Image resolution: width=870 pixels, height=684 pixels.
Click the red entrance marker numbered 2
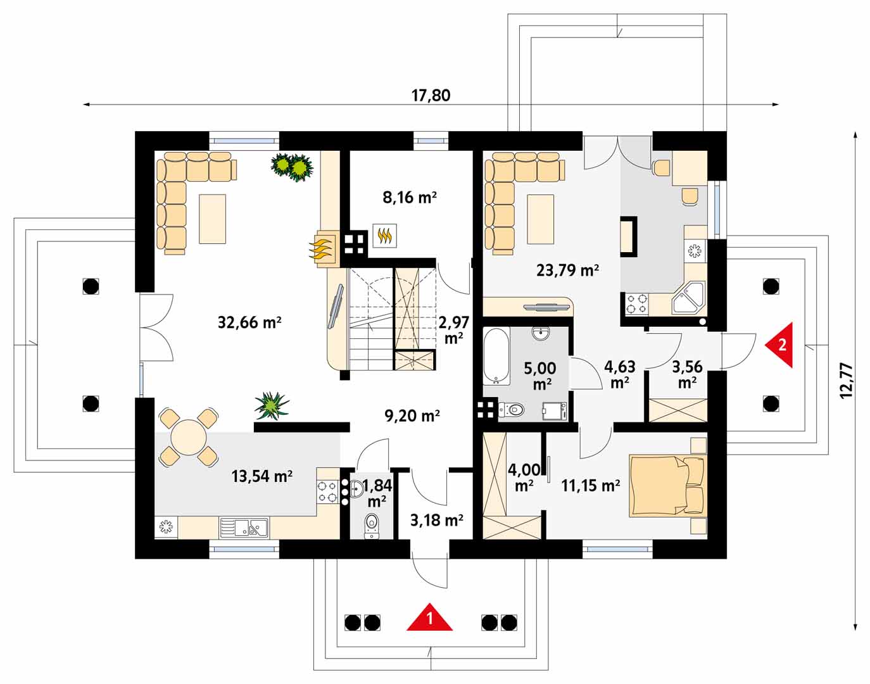pyautogui.click(x=780, y=345)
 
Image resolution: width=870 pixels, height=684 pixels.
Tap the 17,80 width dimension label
pyautogui.click(x=431, y=95)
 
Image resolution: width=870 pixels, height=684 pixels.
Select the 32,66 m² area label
pyautogui.click(x=249, y=322)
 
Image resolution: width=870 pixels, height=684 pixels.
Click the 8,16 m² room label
pyautogui.click(x=409, y=197)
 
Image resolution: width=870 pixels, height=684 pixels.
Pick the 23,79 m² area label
pyautogui.click(x=567, y=270)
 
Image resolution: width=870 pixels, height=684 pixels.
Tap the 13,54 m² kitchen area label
pyautogui.click(x=262, y=476)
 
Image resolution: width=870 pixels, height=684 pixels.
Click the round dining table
pyautogui.click(x=189, y=436)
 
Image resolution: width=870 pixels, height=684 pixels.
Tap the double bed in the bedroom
pyautogui.click(x=666, y=485)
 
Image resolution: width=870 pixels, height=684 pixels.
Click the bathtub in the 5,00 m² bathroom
pyautogui.click(x=496, y=356)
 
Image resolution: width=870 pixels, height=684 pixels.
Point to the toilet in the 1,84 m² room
pyautogui.click(x=372, y=524)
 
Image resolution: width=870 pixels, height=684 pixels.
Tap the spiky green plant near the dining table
pyautogui.click(x=272, y=406)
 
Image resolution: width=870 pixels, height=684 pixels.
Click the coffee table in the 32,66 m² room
pyautogui.click(x=212, y=218)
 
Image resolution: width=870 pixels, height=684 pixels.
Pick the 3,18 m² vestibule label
pyautogui.click(x=437, y=520)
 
